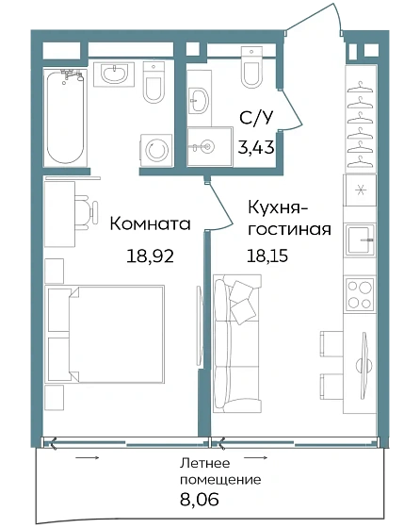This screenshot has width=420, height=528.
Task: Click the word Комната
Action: pyautogui.click(x=150, y=224)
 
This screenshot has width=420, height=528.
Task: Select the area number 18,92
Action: pyautogui.click(x=150, y=255)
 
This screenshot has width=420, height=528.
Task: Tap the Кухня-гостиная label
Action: pyautogui.click(x=289, y=216)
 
